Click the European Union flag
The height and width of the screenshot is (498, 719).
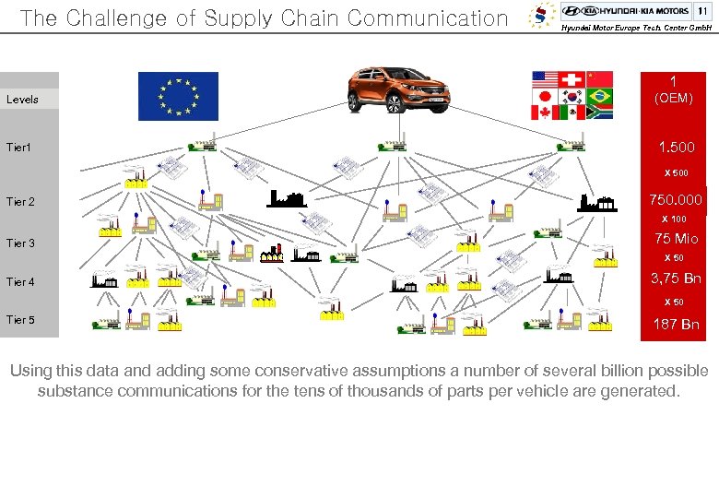click(178, 96)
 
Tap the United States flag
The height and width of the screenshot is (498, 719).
click(546, 78)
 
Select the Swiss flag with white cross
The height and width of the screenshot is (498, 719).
click(572, 78)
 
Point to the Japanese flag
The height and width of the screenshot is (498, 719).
click(546, 96)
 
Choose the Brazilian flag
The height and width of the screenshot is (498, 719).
click(599, 96)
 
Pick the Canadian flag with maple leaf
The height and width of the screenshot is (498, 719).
click(546, 113)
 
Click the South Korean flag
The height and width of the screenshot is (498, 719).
click(572, 96)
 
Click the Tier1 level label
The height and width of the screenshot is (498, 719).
click(19, 147)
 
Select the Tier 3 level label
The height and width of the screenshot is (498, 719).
click(20, 243)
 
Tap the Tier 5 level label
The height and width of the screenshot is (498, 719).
click(20, 320)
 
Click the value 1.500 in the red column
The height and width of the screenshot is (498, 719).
click(676, 148)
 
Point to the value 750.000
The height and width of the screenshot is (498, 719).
click(676, 200)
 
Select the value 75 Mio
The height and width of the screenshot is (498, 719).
click(676, 239)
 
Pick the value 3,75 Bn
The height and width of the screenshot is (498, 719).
click(676, 279)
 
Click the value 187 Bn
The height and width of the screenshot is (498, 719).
click(676, 324)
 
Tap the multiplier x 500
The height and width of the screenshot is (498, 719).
click(676, 173)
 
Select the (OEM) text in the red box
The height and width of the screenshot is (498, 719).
click(673, 98)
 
